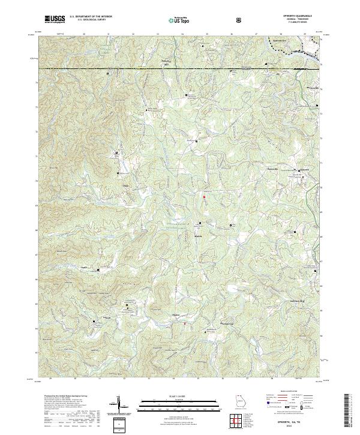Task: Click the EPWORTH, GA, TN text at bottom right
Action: pos(291,422)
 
